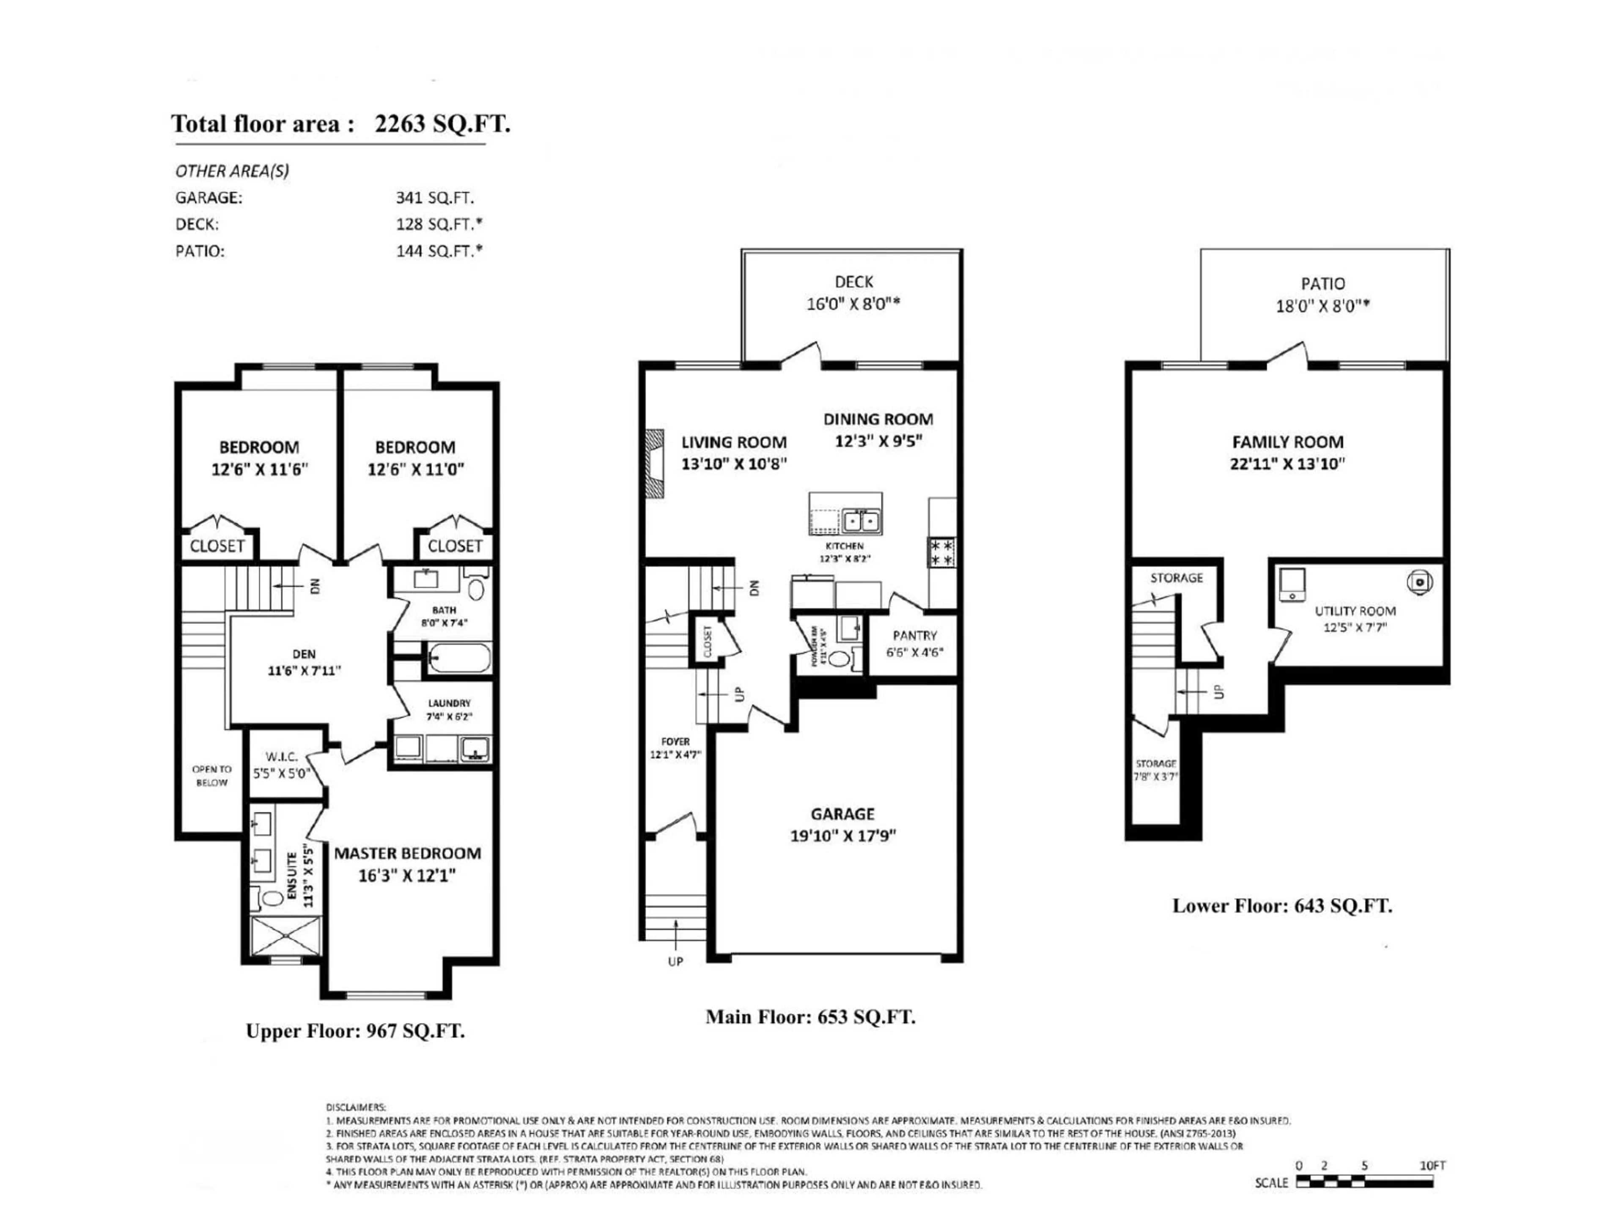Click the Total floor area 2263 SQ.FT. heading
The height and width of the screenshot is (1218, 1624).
340,123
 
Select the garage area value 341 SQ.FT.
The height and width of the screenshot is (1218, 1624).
435,198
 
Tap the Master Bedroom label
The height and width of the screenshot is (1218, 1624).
407,853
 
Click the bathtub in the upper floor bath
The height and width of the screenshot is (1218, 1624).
458,658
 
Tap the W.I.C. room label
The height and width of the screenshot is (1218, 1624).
282,756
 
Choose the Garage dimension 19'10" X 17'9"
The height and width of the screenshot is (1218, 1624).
843,836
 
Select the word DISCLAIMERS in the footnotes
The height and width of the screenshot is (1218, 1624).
355,1107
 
